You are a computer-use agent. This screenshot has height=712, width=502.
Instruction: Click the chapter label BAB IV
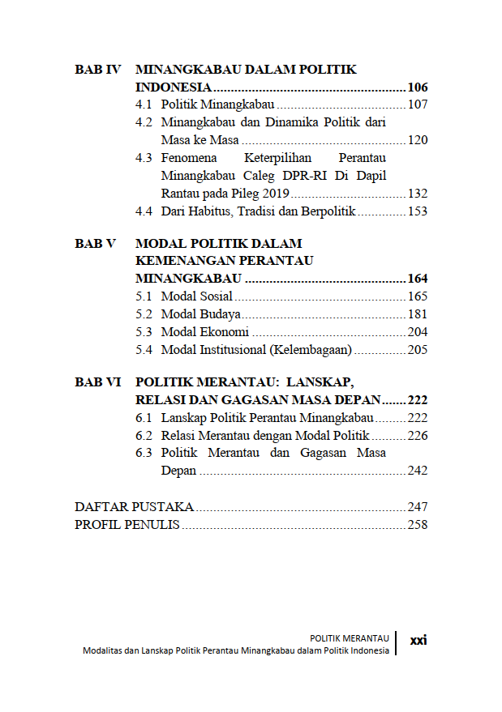[97, 70]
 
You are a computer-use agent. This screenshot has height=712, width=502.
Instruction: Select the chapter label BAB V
[96, 243]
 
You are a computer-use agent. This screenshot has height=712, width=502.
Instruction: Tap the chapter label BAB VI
[97, 382]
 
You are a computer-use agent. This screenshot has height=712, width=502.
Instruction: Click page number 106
[417, 87]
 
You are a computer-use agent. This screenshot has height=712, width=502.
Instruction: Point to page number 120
[417, 140]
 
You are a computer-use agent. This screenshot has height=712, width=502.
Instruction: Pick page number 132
[417, 194]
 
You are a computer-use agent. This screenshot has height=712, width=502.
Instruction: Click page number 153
[417, 211]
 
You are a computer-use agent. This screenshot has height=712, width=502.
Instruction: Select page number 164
[417, 279]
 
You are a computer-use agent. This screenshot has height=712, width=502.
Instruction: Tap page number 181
[417, 314]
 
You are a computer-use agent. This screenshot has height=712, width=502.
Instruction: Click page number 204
[417, 332]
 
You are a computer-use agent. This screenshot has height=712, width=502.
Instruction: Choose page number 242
[417, 471]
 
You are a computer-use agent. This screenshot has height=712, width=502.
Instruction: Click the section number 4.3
[144, 158]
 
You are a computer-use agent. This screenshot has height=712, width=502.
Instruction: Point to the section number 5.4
[144, 350]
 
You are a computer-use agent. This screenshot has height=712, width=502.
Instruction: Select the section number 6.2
[144, 436]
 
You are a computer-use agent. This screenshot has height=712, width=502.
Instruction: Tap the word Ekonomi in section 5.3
[224, 332]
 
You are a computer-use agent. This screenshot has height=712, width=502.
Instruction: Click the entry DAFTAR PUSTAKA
[134, 507]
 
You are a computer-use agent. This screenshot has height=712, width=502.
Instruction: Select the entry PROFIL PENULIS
[127, 525]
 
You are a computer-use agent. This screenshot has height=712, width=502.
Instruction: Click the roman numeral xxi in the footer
[418, 640]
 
